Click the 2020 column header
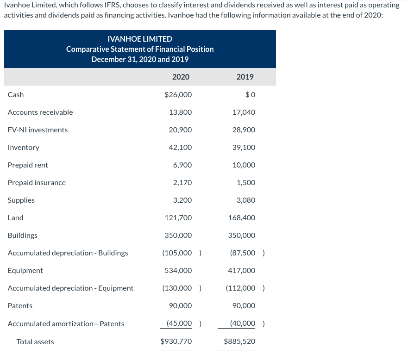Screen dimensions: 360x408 coord(181,77)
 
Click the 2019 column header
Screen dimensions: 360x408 coord(245,77)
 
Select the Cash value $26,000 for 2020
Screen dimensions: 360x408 coord(178,95)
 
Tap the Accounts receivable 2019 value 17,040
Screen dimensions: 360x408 coord(244,112)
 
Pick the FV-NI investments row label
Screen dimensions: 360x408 coord(38,130)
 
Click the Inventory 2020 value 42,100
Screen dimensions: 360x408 coord(180,148)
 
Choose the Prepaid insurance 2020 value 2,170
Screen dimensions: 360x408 coord(182,183)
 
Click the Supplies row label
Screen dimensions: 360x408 coord(21,200)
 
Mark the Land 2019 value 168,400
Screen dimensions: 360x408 coord(242,218)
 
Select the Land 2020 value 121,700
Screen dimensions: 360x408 coord(178,218)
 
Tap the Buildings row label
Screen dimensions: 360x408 coord(22,236)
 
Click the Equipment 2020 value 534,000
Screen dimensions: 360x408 coord(178,271)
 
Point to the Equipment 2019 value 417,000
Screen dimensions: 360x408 coord(242,271)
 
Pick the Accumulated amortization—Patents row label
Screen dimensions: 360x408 coord(66,324)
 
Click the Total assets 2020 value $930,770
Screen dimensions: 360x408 coord(176,342)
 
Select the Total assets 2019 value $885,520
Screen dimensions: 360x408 coord(239,342)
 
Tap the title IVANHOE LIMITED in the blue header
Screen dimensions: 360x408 coord(140,39)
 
